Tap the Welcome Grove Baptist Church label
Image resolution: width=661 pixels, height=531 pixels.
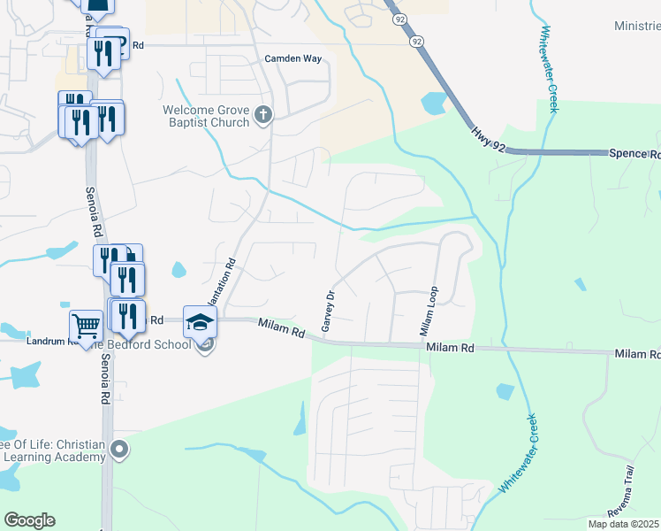[x=206, y=116]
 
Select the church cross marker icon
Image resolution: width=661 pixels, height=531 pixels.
[x=262, y=114]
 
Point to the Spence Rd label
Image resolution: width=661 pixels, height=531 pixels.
[x=634, y=153]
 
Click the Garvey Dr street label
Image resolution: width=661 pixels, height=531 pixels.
[x=328, y=312]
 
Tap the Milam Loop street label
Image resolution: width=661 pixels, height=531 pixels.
[x=429, y=310]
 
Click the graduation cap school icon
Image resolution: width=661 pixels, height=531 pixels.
[x=199, y=320]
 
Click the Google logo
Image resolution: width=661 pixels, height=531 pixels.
[x=29, y=520]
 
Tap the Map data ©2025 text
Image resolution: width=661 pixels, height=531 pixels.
[x=624, y=524]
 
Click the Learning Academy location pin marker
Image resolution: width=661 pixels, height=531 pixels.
[x=122, y=450]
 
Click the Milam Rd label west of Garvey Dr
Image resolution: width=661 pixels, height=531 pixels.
[x=281, y=329]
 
